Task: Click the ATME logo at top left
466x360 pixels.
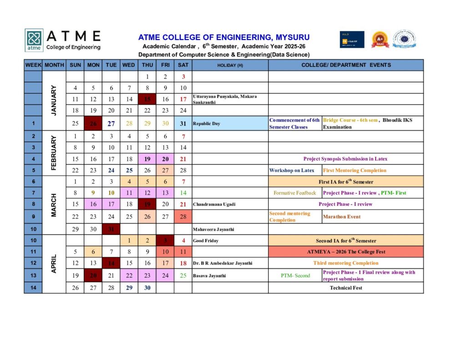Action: [34, 40]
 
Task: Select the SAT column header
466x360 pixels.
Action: [183, 65]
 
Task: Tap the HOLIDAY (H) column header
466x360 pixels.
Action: [230, 65]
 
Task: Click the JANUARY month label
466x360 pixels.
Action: [54, 100]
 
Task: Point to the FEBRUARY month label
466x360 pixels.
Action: [54, 153]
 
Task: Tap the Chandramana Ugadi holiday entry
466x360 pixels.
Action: [214, 204]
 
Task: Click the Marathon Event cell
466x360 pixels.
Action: [341, 217]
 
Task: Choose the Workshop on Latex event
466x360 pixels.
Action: [292, 171]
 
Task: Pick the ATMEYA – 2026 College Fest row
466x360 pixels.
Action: [346, 252]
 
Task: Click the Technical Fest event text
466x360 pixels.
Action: [346, 288]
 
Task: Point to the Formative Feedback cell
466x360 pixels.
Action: [294, 193]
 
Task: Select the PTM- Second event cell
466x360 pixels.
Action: [296, 276]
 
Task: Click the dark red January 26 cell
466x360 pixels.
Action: [93, 123]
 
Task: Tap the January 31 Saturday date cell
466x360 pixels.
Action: [183, 123]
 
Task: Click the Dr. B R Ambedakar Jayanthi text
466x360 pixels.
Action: [223, 263]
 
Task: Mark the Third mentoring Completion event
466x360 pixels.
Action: [346, 263]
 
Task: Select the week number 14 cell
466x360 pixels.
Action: [33, 288]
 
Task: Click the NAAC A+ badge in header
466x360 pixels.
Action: [380, 40]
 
